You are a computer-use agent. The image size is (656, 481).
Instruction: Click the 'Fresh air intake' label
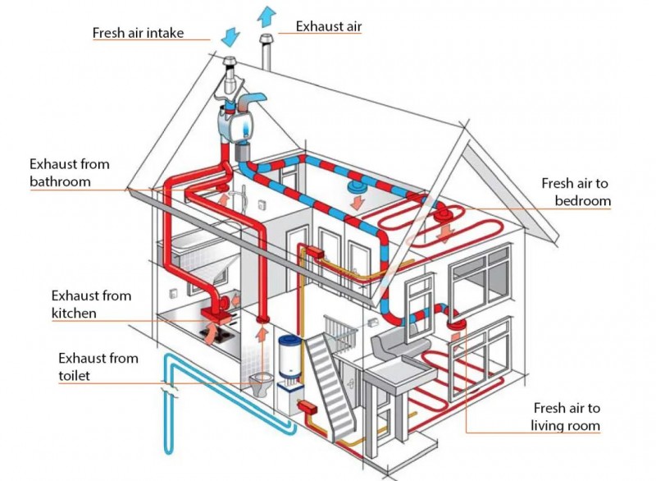pos(138,33)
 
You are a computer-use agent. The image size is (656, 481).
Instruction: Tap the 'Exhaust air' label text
pos(329,26)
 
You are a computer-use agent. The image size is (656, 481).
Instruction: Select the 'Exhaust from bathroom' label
pos(70,172)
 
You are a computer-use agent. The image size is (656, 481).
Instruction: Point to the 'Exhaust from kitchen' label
pos(91,305)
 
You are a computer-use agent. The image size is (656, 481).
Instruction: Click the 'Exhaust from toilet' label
pos(98,367)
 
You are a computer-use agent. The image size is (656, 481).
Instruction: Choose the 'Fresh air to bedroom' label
pos(576,192)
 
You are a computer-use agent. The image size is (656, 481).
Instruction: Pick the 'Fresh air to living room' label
pos(565,416)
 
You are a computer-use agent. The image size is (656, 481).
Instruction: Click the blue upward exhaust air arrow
pos(266,18)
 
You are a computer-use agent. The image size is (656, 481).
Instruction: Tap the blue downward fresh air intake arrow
pos(230,37)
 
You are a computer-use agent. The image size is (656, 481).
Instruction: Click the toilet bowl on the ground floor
pos(261,383)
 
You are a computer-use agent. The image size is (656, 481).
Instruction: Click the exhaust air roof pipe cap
pos(266,39)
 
